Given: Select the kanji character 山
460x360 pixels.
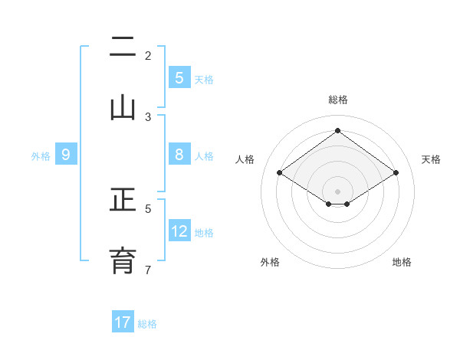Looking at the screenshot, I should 123,107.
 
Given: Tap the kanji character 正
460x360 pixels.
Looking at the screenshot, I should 123,201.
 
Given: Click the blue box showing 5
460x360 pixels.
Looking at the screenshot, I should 179,77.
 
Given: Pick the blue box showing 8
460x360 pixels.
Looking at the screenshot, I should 179,155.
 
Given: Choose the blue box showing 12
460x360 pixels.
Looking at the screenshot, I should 179,231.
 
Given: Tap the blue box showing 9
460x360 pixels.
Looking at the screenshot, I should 66,155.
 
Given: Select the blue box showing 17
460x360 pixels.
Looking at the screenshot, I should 123,322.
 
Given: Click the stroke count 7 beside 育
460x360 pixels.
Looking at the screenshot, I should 148,270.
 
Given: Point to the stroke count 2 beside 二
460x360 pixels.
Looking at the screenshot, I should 148,56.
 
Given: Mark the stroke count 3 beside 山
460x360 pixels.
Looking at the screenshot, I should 148,116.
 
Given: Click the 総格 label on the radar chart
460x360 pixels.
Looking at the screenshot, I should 337,100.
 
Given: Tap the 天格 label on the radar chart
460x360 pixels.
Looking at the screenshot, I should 432,159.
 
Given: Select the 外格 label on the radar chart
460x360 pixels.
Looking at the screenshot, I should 270,262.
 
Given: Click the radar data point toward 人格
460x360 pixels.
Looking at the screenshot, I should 280,173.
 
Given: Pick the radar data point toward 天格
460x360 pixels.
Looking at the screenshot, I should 396,173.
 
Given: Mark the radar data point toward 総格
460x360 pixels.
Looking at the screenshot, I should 337,130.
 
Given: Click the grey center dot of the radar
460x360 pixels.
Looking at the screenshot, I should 337,191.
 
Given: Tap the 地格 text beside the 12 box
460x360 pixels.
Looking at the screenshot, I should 204,232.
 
